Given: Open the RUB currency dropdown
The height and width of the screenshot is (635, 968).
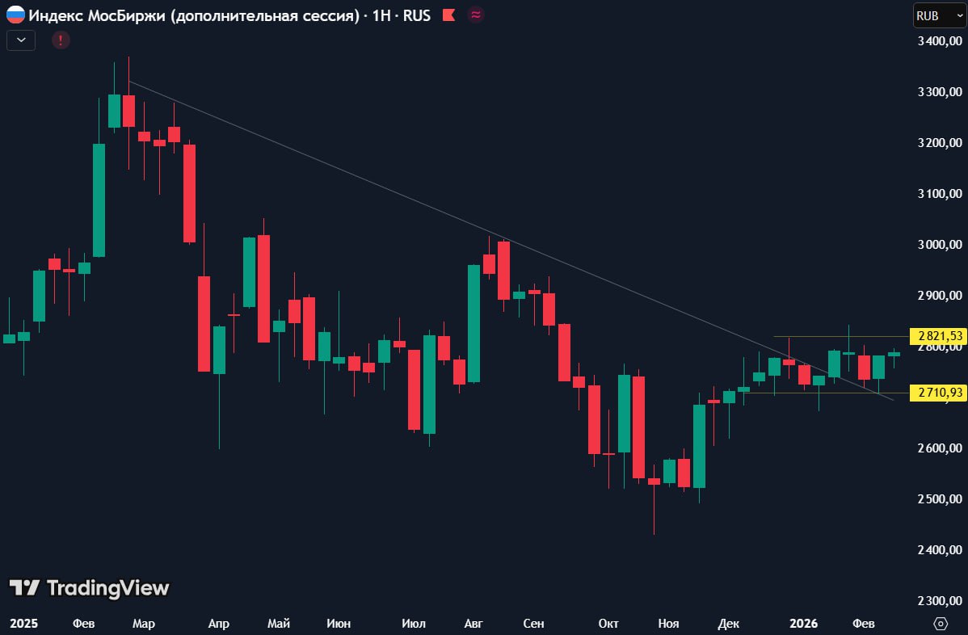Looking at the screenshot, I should point(938,15).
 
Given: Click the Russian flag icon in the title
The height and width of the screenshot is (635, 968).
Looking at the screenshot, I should point(15,15).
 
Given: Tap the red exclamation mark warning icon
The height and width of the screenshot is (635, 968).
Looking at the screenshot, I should point(61,40).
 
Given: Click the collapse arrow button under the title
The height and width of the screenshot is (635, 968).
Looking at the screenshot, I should point(21,40).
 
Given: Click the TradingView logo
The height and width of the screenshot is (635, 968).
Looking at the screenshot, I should point(89,588).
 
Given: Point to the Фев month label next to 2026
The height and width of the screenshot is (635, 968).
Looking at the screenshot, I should point(864,624).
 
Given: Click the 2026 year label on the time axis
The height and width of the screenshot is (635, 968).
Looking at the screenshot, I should point(803,624).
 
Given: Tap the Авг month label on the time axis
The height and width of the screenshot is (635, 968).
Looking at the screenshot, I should point(473,624).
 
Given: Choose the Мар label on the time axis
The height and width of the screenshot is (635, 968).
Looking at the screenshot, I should point(144,624).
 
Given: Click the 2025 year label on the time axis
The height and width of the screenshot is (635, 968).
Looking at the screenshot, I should point(24,624).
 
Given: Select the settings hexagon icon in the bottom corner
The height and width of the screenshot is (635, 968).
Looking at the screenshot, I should point(941,624).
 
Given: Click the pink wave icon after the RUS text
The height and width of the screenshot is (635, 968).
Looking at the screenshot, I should point(476,15).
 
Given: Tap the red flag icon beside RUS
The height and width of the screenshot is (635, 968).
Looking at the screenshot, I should point(448,15).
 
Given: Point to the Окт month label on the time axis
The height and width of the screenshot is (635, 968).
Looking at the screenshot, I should point(608,624).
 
